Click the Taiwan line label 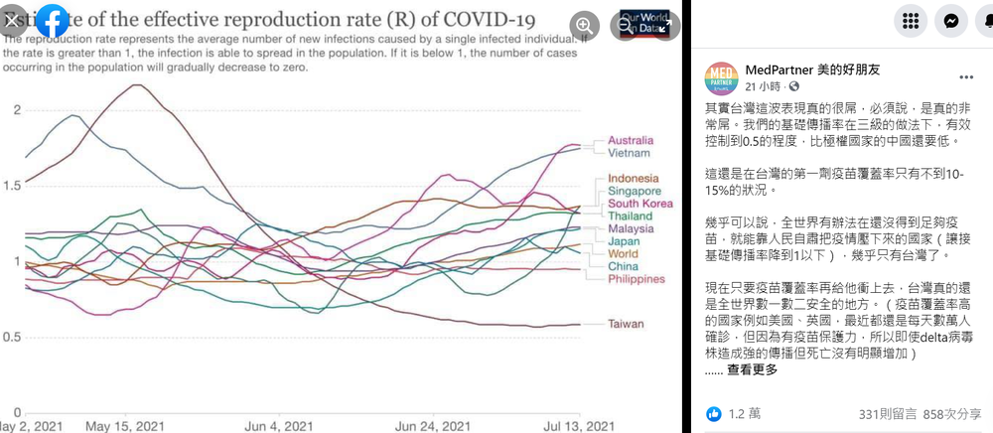tap(626, 324)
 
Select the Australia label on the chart tap(631, 139)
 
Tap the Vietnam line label tap(629, 152)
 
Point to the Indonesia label tap(634, 178)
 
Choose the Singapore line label tap(635, 191)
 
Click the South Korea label tap(639, 204)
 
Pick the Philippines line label tap(636, 279)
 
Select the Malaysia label tap(631, 228)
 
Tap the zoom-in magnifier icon tap(586, 25)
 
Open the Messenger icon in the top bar tap(950, 21)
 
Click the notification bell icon tap(979, 21)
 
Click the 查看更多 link tap(754, 369)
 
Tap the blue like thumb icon tap(713, 413)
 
